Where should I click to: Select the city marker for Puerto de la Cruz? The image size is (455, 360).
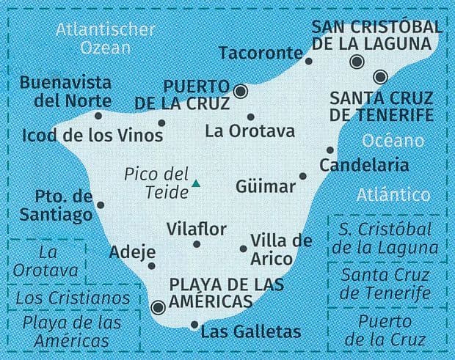240,92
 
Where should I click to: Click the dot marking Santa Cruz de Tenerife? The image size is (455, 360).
379,76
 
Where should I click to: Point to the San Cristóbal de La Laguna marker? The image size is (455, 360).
357,62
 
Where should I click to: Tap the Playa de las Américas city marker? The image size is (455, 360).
157,307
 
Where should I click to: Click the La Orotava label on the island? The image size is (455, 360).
250,132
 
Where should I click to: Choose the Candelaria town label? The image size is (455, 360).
364,165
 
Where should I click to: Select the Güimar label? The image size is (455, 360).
266,187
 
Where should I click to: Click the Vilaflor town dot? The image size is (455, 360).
197,244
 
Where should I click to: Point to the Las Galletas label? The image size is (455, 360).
250,332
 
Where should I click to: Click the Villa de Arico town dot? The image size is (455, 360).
243,249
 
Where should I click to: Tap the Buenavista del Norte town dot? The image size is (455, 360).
98,115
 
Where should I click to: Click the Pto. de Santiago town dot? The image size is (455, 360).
101,205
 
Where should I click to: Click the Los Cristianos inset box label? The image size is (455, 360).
72,298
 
